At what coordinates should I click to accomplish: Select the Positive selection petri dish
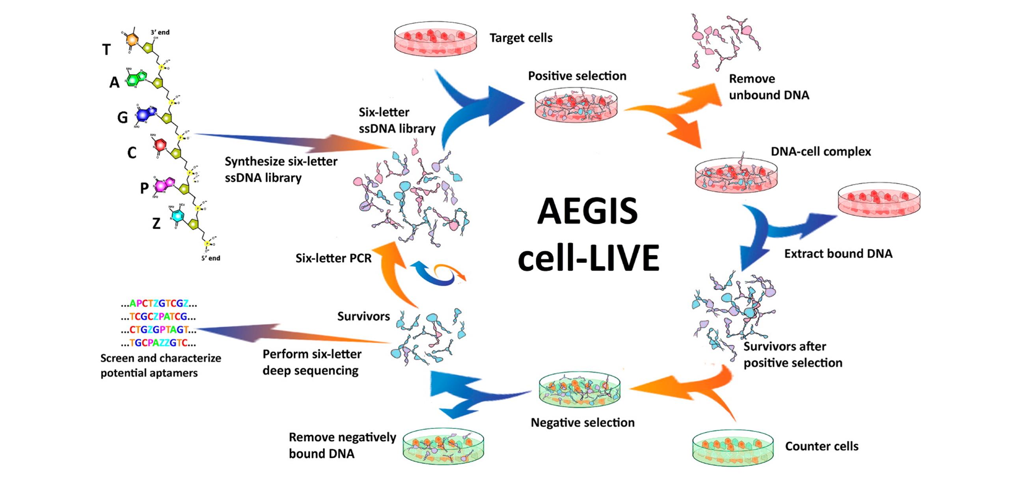click(576, 104)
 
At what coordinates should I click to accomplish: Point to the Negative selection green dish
click(579, 390)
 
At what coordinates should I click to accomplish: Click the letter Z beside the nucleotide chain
click(156, 224)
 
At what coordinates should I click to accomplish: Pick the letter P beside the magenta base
click(144, 188)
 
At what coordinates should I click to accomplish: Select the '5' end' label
click(211, 258)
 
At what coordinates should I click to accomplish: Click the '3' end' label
click(160, 32)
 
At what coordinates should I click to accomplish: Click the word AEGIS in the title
click(587, 212)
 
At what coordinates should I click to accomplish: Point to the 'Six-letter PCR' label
click(334, 258)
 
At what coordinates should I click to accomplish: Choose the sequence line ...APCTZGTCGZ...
click(159, 304)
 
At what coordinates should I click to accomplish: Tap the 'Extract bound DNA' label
click(838, 253)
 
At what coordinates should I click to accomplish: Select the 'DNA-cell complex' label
click(821, 151)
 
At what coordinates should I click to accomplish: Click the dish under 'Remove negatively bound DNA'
click(443, 447)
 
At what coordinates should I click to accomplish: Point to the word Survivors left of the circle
click(363, 316)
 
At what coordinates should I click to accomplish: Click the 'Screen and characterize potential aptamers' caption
click(160, 365)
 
